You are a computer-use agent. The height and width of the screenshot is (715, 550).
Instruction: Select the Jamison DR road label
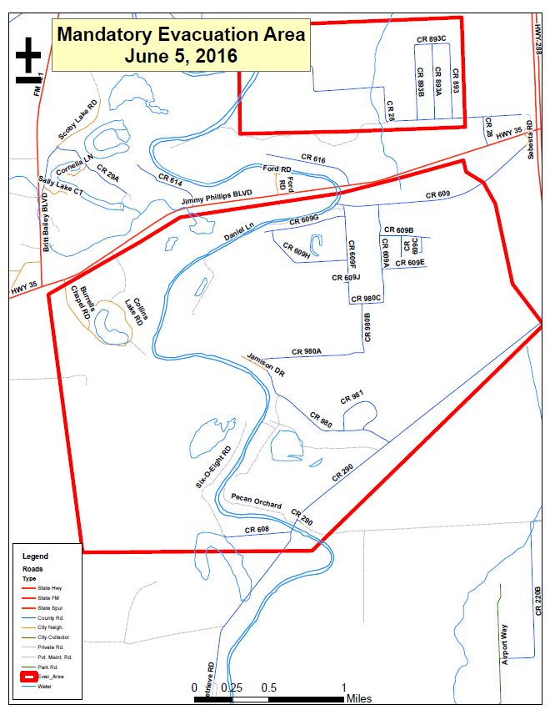[x=267, y=365]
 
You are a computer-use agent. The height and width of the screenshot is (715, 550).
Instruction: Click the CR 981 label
[x=352, y=397]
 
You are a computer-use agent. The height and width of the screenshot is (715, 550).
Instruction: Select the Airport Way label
[x=504, y=642]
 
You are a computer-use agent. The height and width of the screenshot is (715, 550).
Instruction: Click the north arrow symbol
[x=27, y=59]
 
